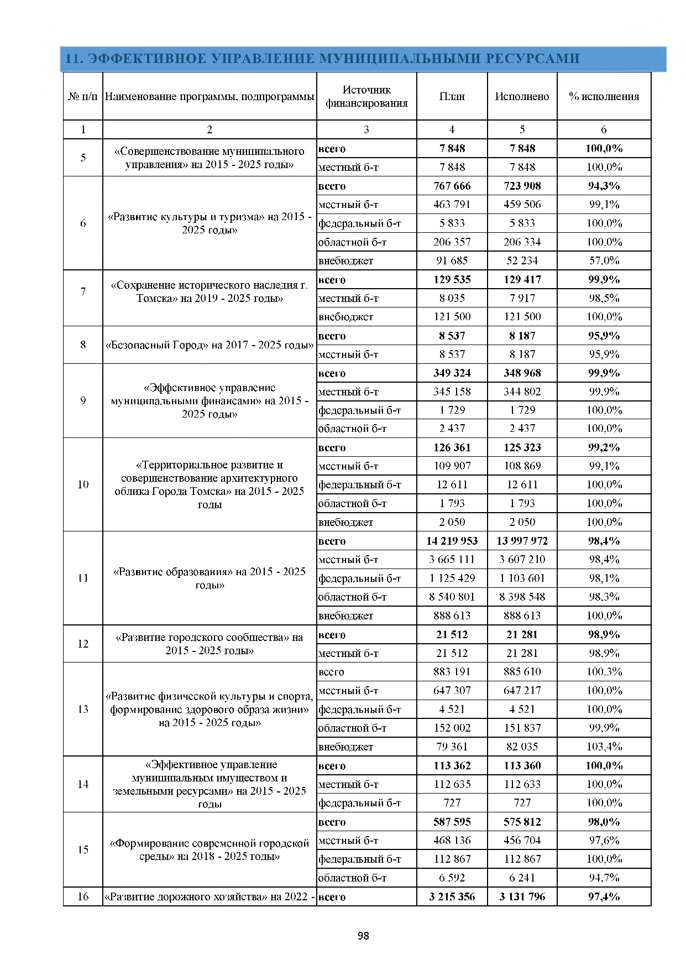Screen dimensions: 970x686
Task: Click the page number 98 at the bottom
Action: click(363, 936)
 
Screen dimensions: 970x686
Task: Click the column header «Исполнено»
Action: click(522, 97)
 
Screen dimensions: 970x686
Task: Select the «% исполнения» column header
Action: click(604, 97)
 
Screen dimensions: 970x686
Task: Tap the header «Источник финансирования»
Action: click(366, 97)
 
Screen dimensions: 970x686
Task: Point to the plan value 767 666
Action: click(452, 186)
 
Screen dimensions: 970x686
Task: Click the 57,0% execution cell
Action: click(604, 260)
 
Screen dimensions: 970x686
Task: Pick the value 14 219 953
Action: click(452, 541)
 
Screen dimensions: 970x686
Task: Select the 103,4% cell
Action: click(604, 747)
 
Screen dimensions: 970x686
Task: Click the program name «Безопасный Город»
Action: click(210, 345)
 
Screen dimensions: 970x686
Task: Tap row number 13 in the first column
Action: click(83, 710)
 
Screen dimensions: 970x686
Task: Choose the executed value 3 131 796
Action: click(522, 896)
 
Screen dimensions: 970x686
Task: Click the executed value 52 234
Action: click(522, 260)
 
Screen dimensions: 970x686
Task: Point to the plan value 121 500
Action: click(452, 317)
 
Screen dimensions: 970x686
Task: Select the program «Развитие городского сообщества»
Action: click(210, 644)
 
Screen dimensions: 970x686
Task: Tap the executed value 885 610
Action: click(522, 672)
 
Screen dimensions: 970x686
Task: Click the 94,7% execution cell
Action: click(604, 878)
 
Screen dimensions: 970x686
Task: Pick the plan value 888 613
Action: click(452, 616)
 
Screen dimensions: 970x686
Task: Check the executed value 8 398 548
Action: click(522, 597)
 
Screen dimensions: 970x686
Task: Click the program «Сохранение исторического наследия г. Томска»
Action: click(210, 291)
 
